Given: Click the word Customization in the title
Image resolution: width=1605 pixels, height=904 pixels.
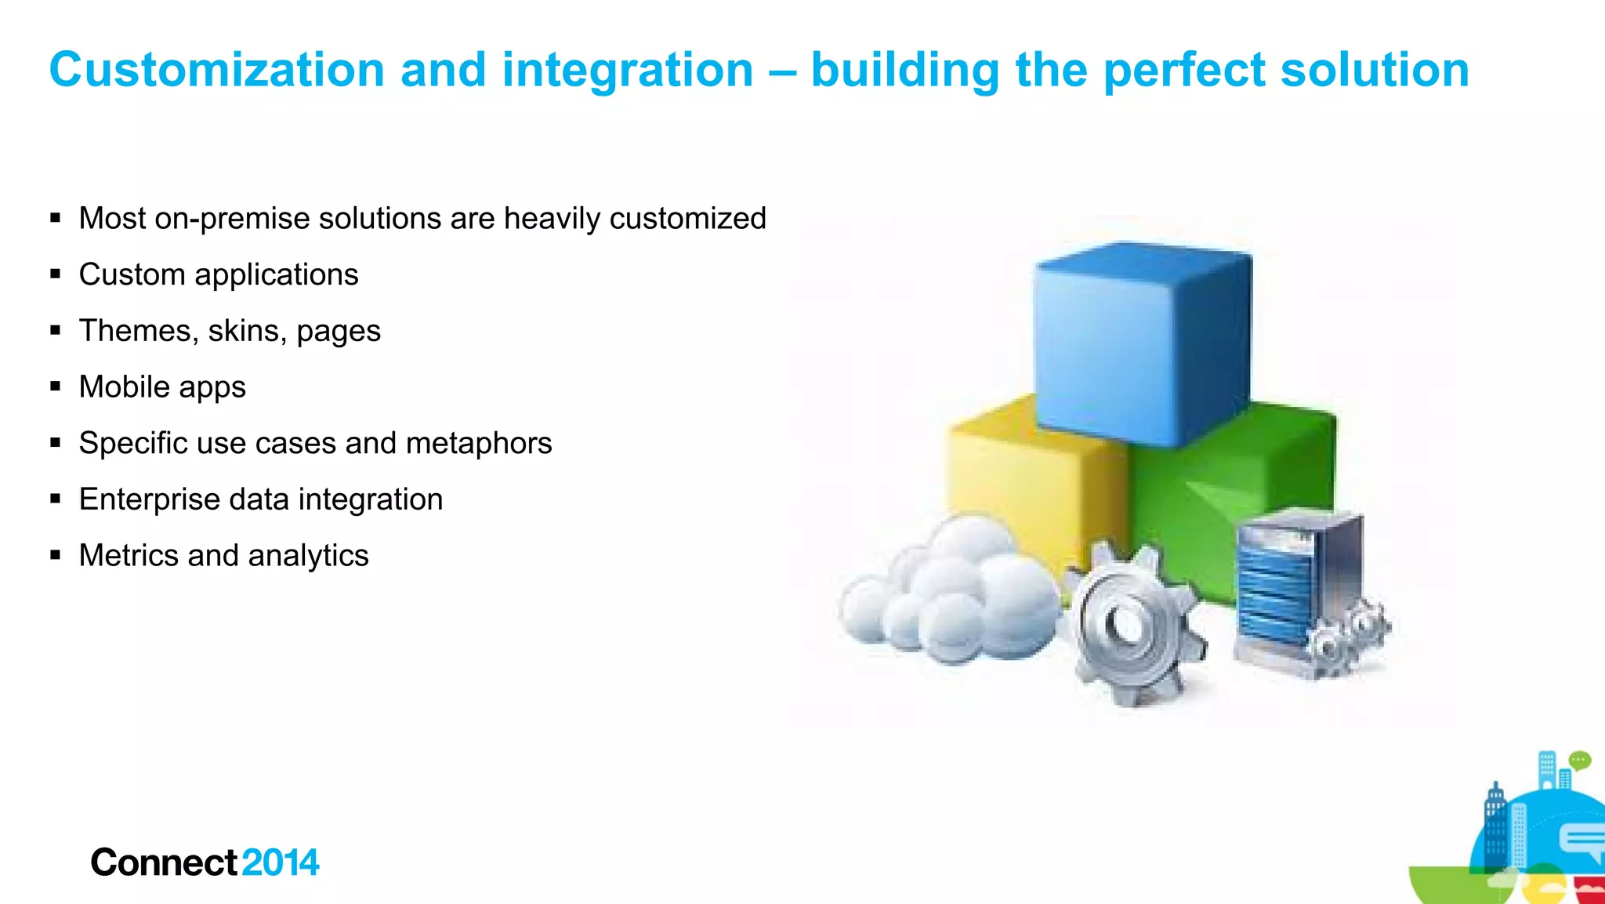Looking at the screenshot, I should point(216,70).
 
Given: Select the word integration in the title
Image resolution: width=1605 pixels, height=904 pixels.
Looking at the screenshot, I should point(627,70).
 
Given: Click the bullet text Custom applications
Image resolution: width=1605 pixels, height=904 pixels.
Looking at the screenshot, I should point(219,274).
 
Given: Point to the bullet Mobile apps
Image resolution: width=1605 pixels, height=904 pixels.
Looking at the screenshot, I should point(162,387).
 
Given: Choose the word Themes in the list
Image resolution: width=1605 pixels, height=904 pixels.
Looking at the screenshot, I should point(136,330).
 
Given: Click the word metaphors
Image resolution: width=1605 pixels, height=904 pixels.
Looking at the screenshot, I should point(479,443).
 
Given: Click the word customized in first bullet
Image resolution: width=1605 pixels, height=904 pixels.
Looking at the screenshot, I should point(687,218).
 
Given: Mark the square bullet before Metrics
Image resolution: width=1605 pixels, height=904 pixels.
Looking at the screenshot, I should point(55,555).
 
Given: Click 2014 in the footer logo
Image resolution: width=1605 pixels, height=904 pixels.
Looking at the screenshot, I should point(281,862).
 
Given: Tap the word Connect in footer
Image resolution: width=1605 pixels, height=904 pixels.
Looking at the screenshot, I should point(163,862).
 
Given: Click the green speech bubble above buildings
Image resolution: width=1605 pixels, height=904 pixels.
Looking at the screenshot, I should point(1580,760).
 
